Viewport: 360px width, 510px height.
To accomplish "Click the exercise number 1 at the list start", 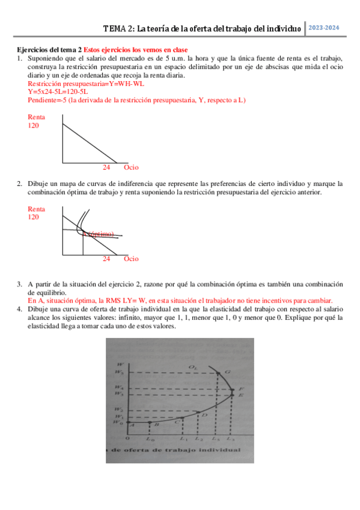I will coord(19,58).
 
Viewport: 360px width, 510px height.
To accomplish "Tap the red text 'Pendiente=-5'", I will coord(47,100).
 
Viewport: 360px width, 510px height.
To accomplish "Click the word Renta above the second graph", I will coord(37,209).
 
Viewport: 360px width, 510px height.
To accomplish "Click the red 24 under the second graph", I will coord(106,259).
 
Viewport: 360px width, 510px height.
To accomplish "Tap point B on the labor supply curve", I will coord(157,424).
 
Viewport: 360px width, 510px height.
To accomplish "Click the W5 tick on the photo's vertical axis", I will coord(123,373).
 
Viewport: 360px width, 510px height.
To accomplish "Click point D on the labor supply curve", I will coord(204,414).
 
